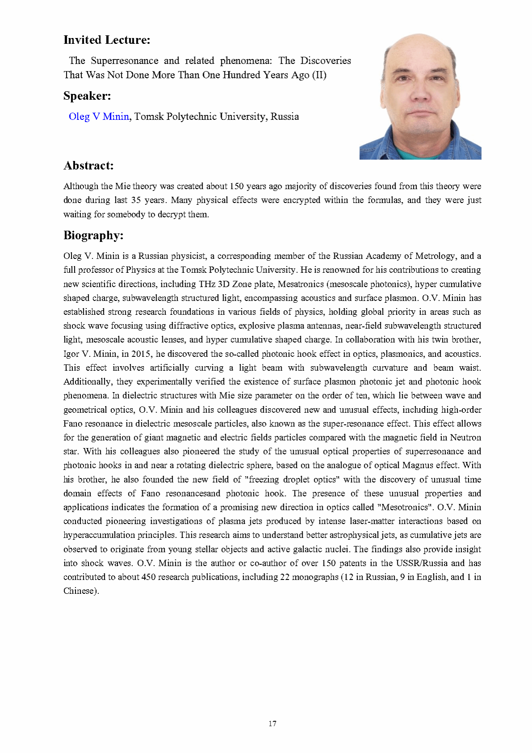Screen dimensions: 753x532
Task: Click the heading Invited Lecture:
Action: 107,40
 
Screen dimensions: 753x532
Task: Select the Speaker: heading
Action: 87,96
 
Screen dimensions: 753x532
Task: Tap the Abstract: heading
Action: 89,166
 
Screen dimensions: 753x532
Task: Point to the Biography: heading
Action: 93,236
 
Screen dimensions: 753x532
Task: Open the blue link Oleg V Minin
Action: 99,117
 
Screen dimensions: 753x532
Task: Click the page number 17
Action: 272,723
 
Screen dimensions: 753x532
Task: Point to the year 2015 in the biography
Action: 141,354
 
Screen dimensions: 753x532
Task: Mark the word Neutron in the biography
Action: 465,438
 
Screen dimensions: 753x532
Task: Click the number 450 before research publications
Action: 148,577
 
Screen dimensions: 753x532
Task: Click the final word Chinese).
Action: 81,591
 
